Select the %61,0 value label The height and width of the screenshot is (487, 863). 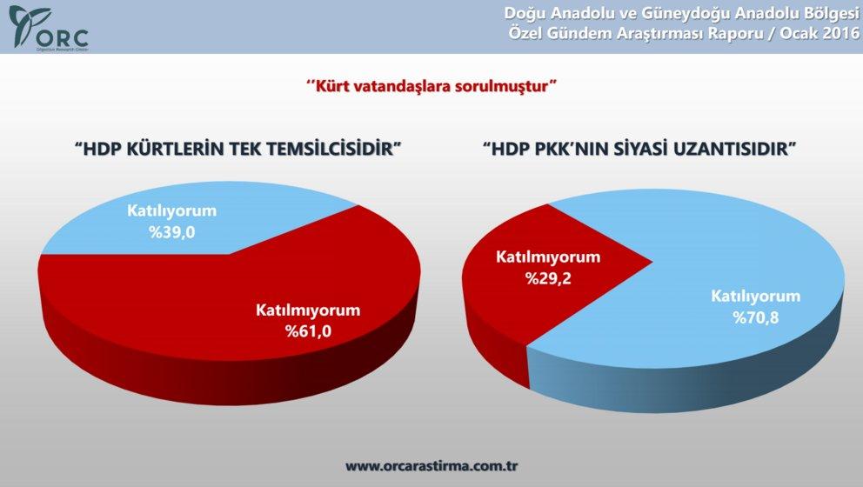click(x=307, y=331)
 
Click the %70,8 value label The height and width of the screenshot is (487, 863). click(x=755, y=317)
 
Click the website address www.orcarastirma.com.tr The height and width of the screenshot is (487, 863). click(x=431, y=465)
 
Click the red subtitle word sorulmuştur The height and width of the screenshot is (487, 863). click(x=506, y=86)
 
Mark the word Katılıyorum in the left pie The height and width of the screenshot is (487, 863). click(x=171, y=211)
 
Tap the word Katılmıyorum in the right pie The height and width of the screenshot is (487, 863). click(x=548, y=258)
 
